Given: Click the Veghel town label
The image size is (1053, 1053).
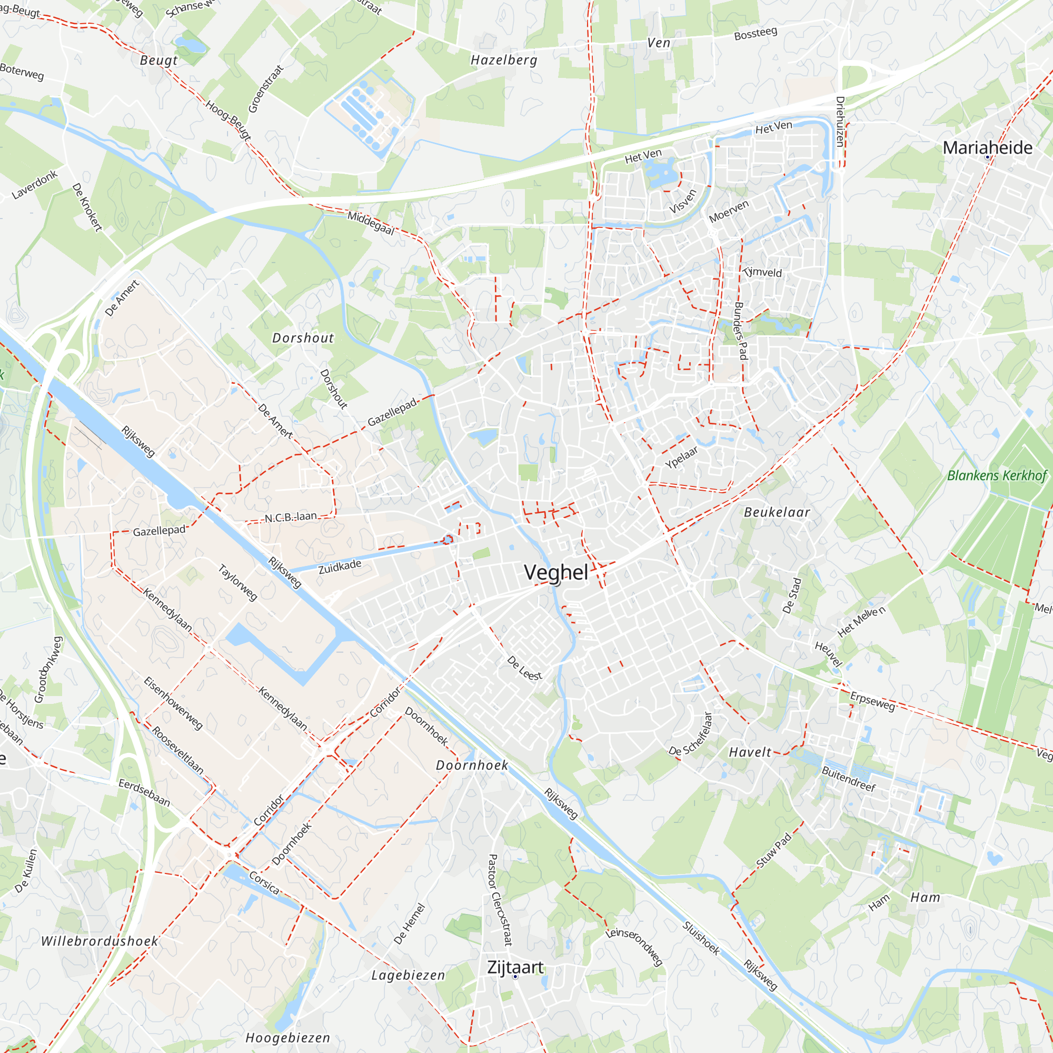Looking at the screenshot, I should coord(556,572).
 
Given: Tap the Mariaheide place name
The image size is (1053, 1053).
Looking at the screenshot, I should coord(987,148).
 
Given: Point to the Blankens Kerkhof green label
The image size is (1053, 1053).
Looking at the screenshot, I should coord(997,476).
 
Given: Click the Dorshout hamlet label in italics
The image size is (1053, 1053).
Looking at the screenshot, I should coord(303,338).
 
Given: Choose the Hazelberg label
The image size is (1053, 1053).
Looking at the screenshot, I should coord(504,60).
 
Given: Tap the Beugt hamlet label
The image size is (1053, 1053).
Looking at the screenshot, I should coord(158,61).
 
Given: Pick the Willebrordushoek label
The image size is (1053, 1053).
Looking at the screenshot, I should coord(100,941).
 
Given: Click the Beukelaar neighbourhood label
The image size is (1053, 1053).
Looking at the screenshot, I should coord(777,512).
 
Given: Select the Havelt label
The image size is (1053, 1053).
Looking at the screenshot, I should coord(750,753).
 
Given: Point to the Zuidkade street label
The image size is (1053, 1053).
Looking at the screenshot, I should coord(340,567).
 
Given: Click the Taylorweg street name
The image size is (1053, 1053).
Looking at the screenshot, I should coord(237,583).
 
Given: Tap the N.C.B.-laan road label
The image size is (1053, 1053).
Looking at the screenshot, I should coord(291,516).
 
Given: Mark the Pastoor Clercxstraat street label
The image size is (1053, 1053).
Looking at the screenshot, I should coord(500,900).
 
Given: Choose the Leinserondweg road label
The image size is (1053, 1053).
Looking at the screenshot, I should coord(634,946).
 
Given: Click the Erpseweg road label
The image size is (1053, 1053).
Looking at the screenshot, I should coord(872,701).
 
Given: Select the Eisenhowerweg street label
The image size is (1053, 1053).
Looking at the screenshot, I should coord(173,703).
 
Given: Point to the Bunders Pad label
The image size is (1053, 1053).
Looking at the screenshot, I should coord(740,331).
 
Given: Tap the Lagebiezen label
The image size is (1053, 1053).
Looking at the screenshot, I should coord(408,975).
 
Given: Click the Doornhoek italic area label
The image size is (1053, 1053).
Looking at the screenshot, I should coord(472,766).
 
